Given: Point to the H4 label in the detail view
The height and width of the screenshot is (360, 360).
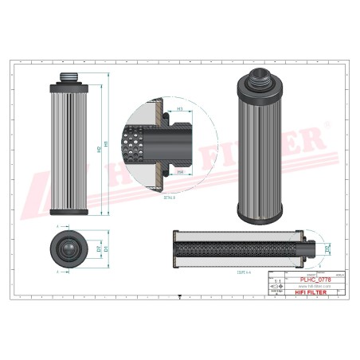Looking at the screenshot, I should click(180, 171).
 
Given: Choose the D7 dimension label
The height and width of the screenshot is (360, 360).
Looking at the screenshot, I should click(99, 249).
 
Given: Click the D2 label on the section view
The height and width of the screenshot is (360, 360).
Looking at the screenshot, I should click(327, 251).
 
